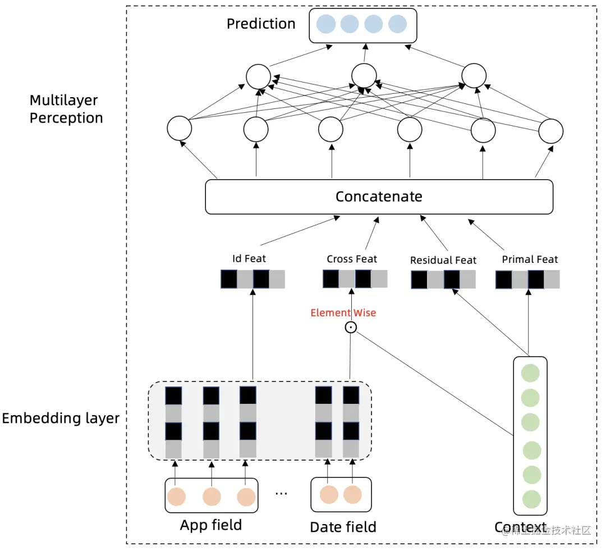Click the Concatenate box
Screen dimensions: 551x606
click(x=379, y=197)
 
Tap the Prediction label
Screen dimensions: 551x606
click(x=261, y=24)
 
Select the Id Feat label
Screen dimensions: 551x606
click(x=249, y=259)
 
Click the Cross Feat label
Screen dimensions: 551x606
click(x=352, y=259)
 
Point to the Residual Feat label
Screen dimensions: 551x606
click(x=443, y=260)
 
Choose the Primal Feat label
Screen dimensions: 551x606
click(x=530, y=259)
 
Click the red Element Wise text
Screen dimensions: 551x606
click(x=343, y=313)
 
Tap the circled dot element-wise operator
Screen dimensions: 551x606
click(x=351, y=328)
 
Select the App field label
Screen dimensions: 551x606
click(x=211, y=525)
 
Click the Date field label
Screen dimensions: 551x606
click(x=343, y=527)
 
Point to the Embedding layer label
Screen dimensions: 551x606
click(x=61, y=418)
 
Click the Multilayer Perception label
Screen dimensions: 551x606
click(x=66, y=109)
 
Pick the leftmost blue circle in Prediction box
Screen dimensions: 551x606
click(x=326, y=24)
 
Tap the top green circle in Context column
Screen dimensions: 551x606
click(x=530, y=374)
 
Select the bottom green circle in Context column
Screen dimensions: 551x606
click(x=531, y=499)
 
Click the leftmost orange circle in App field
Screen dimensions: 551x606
click(x=176, y=497)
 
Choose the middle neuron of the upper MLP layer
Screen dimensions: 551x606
click(x=364, y=76)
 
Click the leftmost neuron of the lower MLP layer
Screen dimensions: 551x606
click(x=180, y=129)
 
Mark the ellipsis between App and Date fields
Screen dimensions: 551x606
click(x=282, y=493)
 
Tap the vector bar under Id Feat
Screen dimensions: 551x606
click(x=252, y=279)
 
